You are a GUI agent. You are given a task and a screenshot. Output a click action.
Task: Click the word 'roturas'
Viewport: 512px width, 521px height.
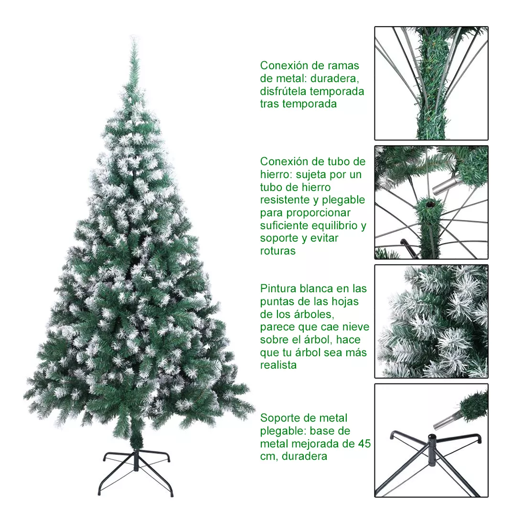coord(278,251)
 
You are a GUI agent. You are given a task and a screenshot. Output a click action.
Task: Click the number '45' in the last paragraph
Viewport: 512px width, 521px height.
coord(364,444)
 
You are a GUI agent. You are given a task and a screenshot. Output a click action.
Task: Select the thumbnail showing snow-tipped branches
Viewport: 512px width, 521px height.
coord(431,321)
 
